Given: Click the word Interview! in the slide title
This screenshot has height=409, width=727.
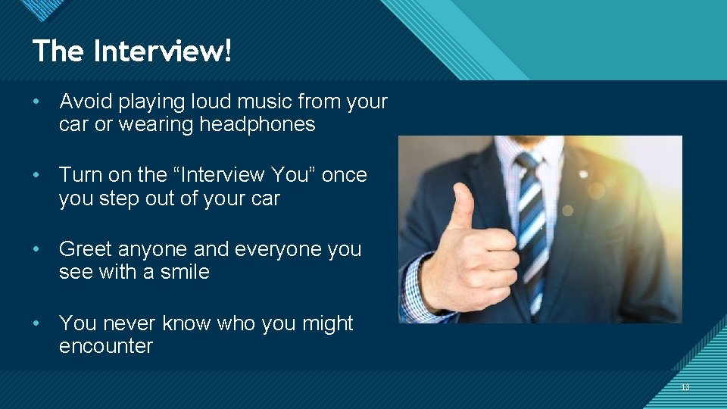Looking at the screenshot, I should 163,52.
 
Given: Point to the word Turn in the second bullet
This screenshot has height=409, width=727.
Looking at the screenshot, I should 80,175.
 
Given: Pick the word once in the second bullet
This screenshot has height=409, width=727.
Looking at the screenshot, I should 345,175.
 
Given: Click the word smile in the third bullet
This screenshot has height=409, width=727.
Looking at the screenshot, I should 185,272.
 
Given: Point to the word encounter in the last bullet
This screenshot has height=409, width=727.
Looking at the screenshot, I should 106,346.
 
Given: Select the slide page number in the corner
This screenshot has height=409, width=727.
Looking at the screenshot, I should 685,388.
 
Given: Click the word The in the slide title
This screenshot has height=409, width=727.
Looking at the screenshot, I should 59,52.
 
